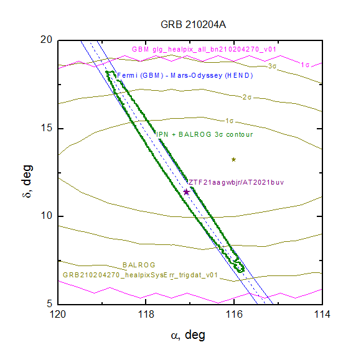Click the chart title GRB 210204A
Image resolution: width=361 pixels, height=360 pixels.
(x=193, y=25)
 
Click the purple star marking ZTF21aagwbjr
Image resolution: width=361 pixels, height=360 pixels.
(x=186, y=192)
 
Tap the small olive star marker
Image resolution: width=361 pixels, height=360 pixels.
(x=233, y=159)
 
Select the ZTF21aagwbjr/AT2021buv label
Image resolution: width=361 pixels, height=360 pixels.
(x=237, y=182)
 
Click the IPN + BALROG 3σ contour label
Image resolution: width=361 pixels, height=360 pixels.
(x=204, y=134)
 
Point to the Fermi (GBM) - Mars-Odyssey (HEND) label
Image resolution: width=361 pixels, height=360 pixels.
(x=185, y=75)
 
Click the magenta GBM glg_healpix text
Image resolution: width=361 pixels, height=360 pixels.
(x=204, y=49)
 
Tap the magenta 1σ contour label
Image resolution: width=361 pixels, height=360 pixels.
(x=305, y=65)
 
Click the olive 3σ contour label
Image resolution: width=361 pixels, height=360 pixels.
(x=272, y=67)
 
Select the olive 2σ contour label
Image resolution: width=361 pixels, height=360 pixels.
(x=247, y=97)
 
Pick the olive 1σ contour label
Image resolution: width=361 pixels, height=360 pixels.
(x=229, y=121)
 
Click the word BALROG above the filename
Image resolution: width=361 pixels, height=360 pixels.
(x=139, y=265)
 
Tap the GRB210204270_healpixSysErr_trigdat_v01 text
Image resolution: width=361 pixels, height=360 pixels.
(x=140, y=275)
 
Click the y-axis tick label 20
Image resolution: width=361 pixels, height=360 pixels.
(x=46, y=40)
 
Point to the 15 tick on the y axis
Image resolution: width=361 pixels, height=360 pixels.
(x=46, y=128)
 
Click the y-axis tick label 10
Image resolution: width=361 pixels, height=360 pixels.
(x=46, y=216)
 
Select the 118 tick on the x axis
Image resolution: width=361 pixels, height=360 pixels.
(x=146, y=314)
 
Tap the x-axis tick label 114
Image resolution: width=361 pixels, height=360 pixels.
(x=322, y=314)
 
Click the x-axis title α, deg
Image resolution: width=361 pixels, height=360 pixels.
(x=188, y=335)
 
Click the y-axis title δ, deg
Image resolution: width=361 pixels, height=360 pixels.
(x=27, y=182)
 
